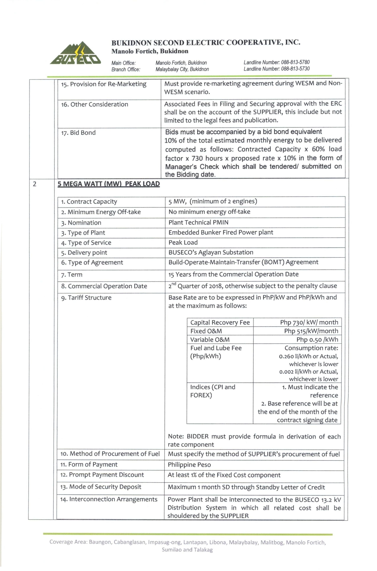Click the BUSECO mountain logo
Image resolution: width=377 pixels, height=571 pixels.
[x=76, y=53]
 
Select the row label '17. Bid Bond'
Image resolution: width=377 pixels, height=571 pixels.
[x=78, y=133]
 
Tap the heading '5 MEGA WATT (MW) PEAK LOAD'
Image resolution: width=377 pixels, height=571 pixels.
[x=109, y=184]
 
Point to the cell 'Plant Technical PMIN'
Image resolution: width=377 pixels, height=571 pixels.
[x=198, y=222]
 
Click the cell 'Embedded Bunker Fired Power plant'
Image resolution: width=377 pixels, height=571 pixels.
[x=221, y=232]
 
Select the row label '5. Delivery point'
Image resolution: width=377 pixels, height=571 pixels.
[x=84, y=253]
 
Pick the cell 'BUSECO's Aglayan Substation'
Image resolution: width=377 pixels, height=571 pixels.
[x=211, y=252]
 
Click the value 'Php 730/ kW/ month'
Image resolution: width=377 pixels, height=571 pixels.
[x=309, y=322]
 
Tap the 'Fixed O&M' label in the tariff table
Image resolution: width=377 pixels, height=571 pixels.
[x=206, y=331]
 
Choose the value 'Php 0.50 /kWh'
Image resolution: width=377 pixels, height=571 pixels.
[x=317, y=340]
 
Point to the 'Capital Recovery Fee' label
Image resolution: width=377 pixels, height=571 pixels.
[x=220, y=322]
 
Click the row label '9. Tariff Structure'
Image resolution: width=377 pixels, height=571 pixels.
[x=86, y=298]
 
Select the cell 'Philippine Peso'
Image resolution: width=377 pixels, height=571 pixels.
[x=189, y=465]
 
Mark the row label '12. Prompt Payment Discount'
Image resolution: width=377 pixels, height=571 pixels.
[x=102, y=475]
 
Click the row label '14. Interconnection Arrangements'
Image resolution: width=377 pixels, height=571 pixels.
[x=109, y=499]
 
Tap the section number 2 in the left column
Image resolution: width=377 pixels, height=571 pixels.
[x=35, y=184]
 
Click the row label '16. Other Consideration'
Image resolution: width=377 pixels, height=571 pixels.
[x=95, y=104]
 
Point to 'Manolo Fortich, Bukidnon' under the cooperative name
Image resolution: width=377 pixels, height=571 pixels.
[x=150, y=51]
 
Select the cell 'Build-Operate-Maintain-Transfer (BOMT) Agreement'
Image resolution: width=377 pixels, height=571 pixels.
[x=243, y=262]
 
